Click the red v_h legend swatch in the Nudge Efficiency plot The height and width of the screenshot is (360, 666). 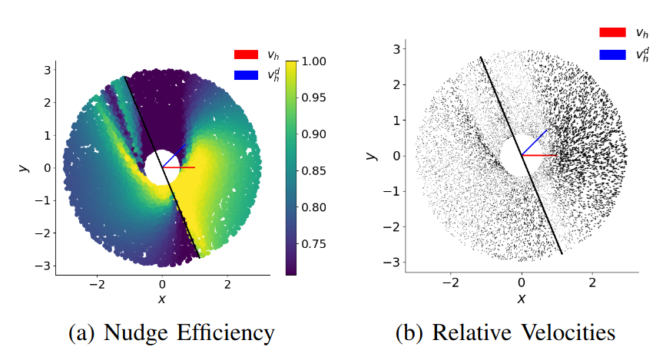[x=247, y=54]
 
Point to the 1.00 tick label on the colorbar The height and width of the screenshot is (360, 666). [x=317, y=61]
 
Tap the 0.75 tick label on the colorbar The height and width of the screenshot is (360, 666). [x=317, y=244]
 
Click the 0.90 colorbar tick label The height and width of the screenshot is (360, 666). [x=317, y=134]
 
